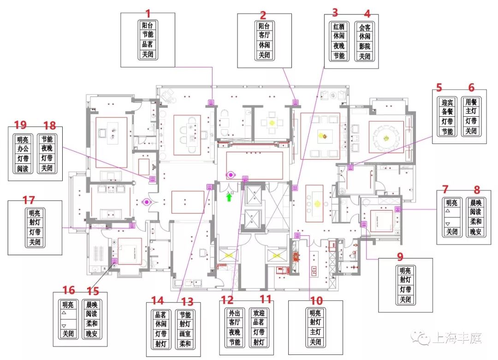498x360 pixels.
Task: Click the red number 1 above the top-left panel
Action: click(148, 14)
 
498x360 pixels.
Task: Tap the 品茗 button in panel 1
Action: click(148, 44)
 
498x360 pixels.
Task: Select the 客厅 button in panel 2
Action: click(264, 35)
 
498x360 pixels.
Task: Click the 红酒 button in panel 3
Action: click(339, 27)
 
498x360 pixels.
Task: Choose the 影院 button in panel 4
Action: click(365, 47)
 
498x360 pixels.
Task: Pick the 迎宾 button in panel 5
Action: click(447, 102)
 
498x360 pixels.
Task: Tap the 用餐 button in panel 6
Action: click(471, 102)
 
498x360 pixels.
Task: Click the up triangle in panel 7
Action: click(448, 211)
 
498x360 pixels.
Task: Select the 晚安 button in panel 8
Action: click(475, 232)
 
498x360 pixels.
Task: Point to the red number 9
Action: click(400, 256)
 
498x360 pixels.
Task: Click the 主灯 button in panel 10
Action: click(315, 332)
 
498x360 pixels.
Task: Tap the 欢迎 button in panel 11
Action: click(259, 313)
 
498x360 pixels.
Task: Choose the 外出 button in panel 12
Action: click(235, 313)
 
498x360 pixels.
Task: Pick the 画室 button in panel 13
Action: click(185, 334)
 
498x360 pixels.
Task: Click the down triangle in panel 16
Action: click(64, 326)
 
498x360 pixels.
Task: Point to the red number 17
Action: click(29, 200)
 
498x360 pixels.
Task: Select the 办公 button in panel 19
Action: click(23, 149)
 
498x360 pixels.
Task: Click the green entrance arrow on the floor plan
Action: click(229, 198)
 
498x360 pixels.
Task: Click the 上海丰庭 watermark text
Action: click(457, 338)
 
